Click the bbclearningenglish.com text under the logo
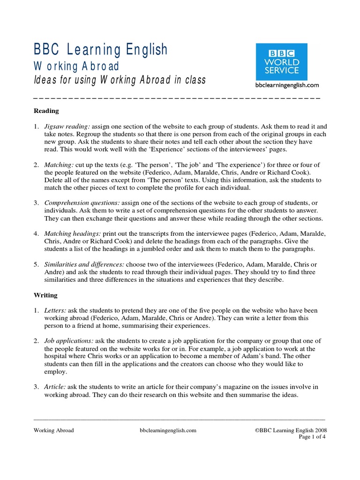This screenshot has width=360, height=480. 287,85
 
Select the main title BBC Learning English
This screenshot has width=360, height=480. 100,50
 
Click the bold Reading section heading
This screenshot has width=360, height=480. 46,111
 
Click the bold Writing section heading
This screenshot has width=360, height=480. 45,295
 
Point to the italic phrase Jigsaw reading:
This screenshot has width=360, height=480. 67,127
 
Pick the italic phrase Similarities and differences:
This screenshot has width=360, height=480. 84,264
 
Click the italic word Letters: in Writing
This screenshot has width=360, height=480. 56,310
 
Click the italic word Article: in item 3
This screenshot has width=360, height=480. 55,387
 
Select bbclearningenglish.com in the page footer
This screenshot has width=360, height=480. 168,430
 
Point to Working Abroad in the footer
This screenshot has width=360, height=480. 53,430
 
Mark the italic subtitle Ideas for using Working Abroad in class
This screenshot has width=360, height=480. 120,80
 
